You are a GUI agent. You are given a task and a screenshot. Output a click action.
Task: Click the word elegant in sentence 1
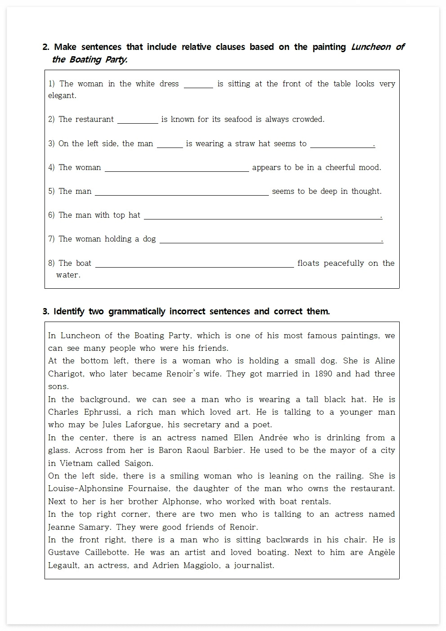[x=62, y=95]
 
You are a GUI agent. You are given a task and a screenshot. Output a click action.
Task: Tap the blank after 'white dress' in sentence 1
[x=198, y=85]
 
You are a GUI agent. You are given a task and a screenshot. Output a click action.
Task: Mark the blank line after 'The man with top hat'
[x=262, y=216]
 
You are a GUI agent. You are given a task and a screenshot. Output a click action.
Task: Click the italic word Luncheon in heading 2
[x=370, y=47]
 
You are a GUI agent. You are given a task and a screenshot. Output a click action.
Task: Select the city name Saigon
[x=137, y=463]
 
